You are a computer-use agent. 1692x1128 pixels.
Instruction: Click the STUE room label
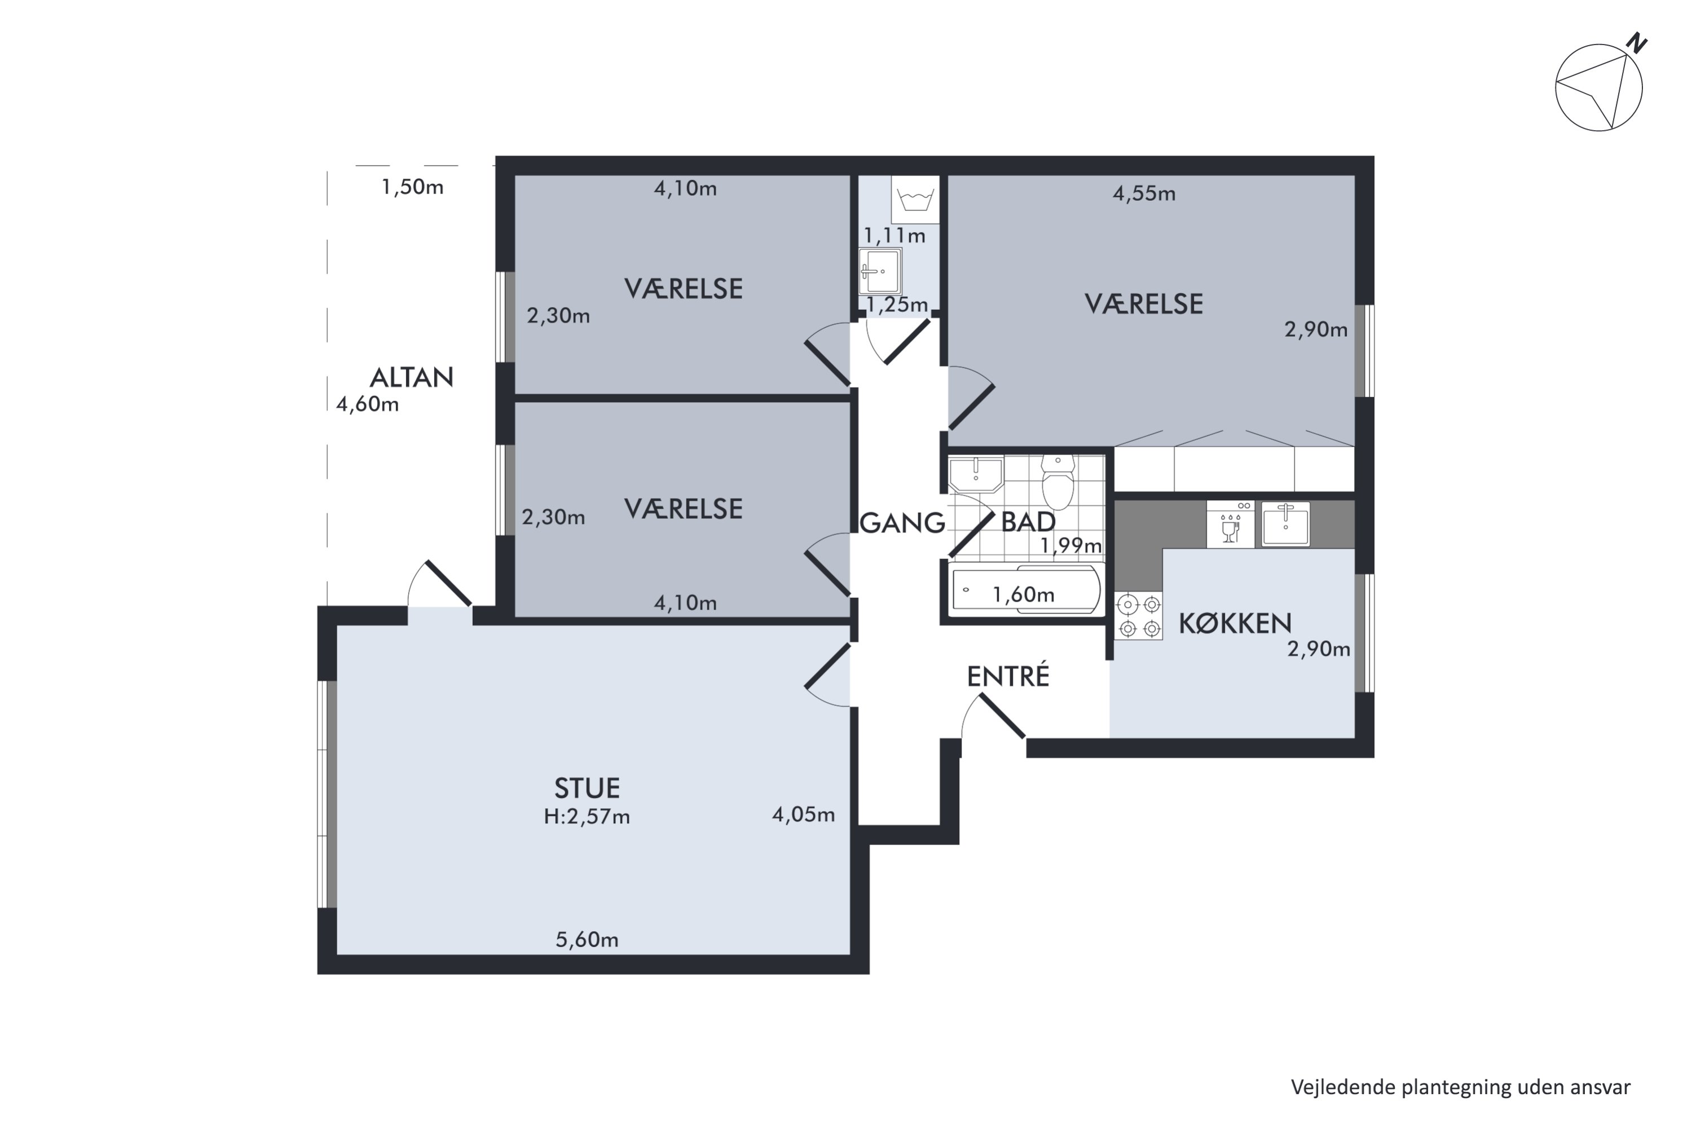587,788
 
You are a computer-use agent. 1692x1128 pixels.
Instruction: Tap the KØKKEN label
1235,623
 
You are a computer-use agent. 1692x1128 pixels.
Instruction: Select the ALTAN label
412,378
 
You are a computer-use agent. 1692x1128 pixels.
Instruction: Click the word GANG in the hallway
902,523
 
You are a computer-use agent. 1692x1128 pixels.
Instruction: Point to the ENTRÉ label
1008,676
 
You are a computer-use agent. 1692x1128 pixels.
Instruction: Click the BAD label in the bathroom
1028,522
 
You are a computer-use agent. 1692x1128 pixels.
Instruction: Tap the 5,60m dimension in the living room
587,940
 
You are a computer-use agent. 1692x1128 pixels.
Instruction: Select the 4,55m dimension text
1144,193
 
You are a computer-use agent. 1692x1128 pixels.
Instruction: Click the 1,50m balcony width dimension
412,187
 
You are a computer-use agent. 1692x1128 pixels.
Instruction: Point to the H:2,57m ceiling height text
587,817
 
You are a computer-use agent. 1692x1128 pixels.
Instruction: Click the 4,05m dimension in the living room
804,814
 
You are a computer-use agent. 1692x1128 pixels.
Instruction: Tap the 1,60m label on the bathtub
1023,594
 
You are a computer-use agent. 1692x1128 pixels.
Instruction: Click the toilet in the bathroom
1057,482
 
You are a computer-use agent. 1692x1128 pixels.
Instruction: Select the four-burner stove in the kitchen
1139,616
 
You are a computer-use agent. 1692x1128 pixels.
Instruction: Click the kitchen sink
1285,525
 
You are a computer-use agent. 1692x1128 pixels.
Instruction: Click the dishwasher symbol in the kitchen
1230,525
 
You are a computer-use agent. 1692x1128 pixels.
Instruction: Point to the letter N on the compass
1637,43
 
